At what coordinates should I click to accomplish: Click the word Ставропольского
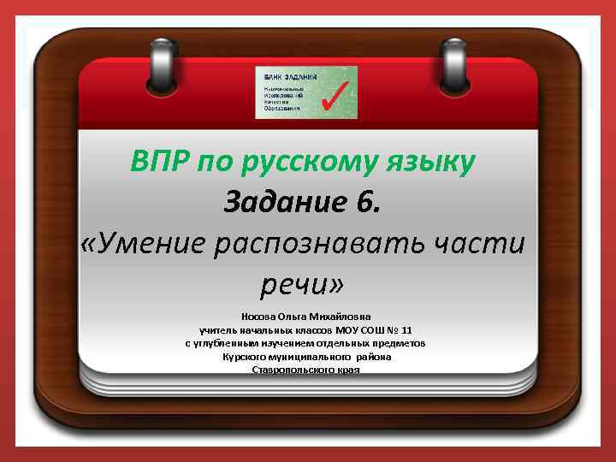click(289, 369)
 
